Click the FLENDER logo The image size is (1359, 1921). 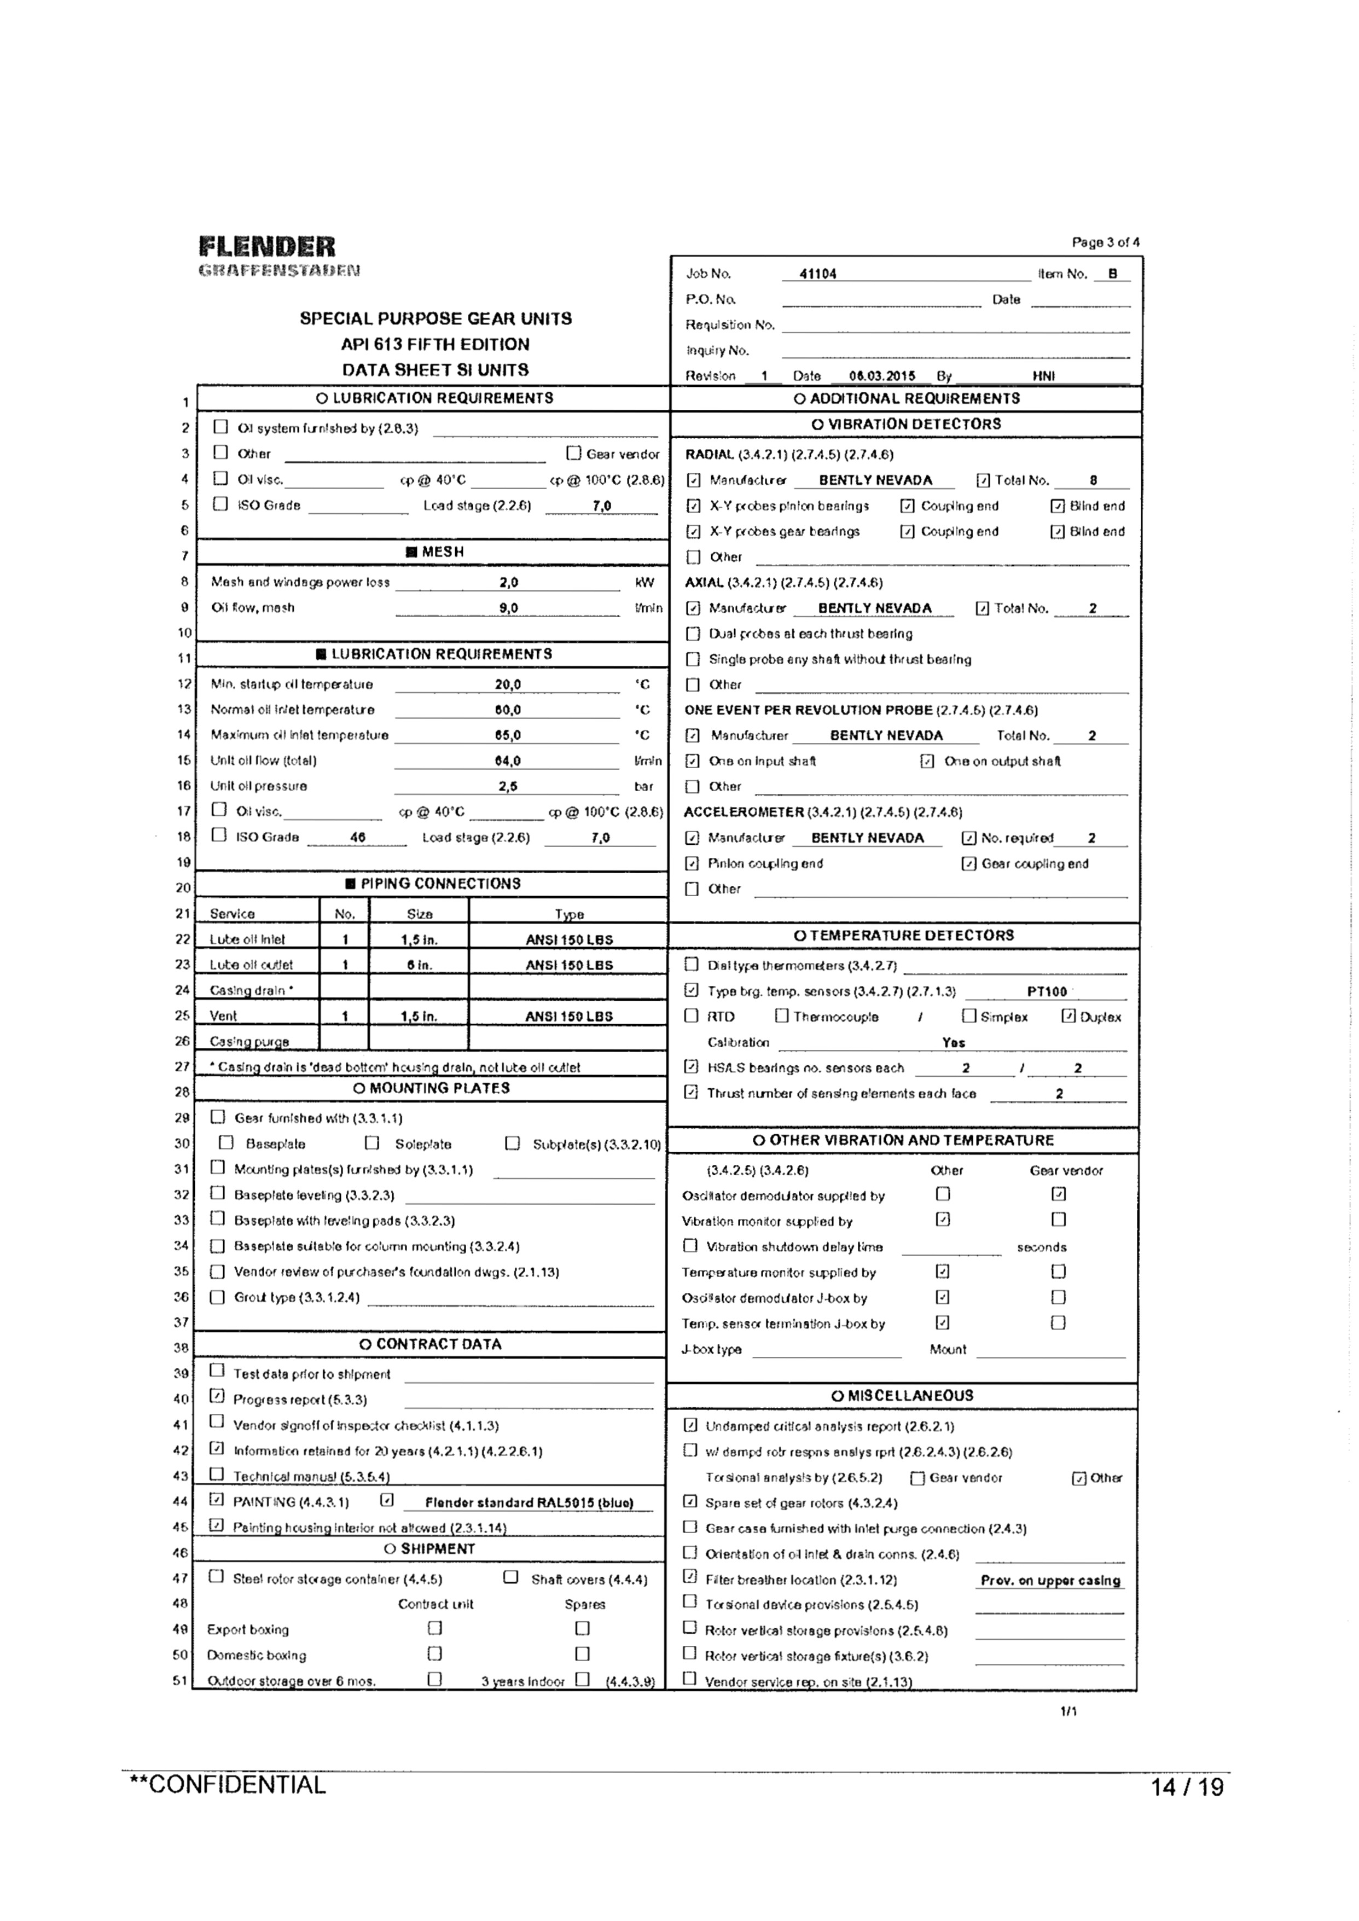click(x=267, y=247)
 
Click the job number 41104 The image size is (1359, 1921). click(x=817, y=274)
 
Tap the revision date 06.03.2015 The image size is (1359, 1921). click(x=882, y=376)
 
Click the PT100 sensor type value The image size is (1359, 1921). click(x=1047, y=991)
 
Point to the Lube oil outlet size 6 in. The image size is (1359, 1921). click(x=419, y=965)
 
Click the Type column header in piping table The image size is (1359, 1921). click(x=569, y=914)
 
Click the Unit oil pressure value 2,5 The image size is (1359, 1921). click(x=507, y=786)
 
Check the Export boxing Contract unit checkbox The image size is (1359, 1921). click(x=434, y=1628)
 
